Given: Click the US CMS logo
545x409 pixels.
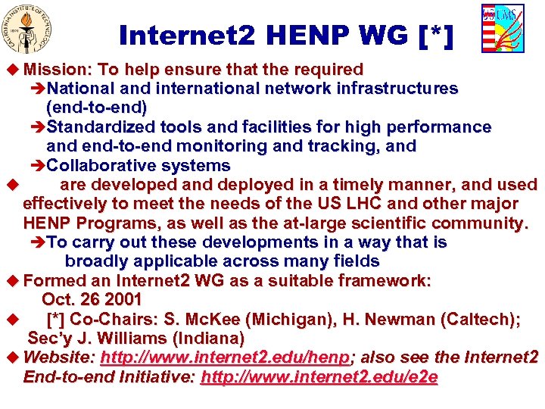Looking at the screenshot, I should tap(502, 28).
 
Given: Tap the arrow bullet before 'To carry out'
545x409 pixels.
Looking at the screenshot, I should tap(39, 242).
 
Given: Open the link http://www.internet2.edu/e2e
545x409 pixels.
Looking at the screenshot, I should tap(319, 377).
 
